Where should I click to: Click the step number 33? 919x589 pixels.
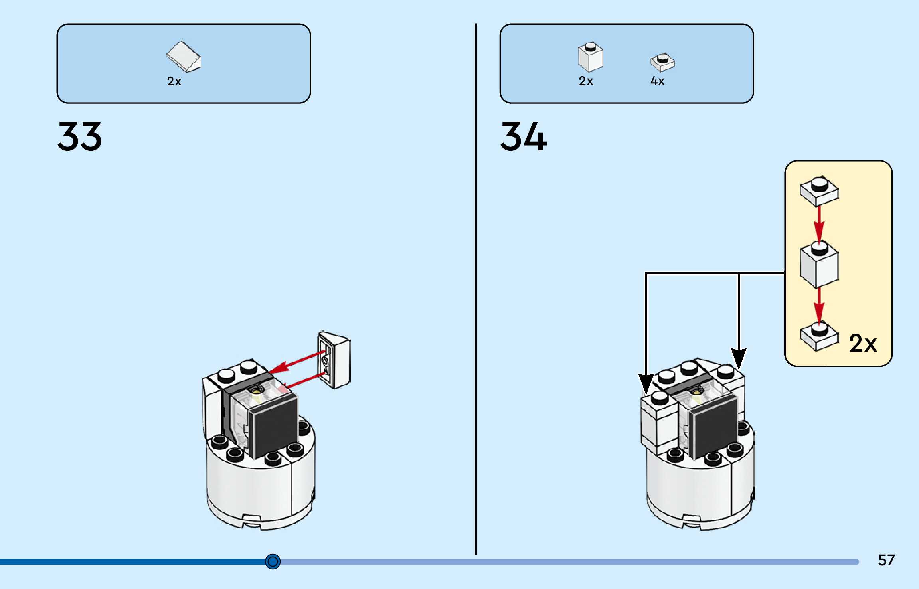point(79,136)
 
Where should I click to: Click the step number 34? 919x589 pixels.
point(523,136)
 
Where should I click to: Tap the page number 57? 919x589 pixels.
point(886,560)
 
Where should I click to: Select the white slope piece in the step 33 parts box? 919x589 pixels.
point(184,57)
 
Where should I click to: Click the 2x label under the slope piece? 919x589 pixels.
point(174,81)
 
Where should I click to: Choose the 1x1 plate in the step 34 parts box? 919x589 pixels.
point(662,62)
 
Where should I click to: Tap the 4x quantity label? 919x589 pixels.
point(657,81)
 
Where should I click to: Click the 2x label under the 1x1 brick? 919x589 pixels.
point(586,81)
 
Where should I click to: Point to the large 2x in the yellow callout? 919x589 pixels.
point(863,343)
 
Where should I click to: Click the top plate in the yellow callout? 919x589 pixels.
point(819,190)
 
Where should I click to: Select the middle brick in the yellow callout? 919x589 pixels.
point(819,264)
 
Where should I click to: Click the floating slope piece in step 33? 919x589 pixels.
point(334,360)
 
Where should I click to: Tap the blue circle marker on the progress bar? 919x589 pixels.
point(273,561)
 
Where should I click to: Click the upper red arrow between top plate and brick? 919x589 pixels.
point(819,223)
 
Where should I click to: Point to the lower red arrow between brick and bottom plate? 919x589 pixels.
point(819,304)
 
